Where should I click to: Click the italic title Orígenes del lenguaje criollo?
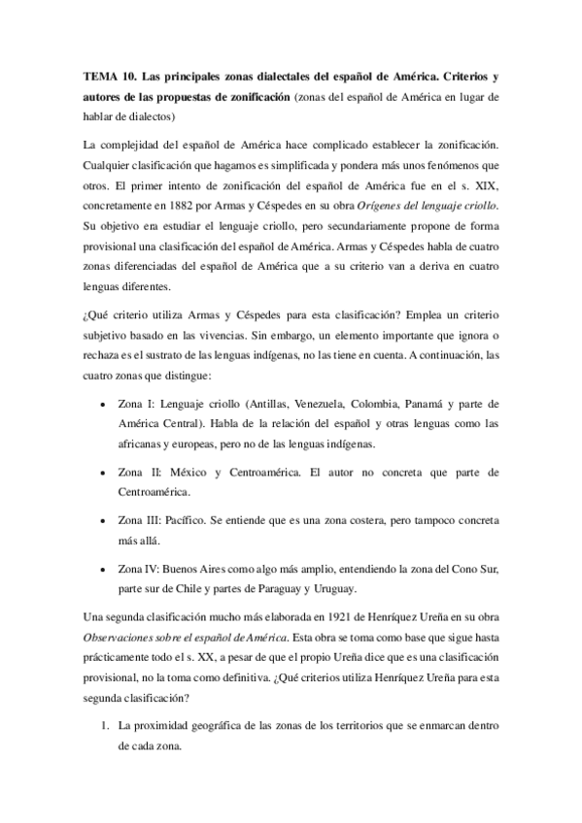[415, 206]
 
